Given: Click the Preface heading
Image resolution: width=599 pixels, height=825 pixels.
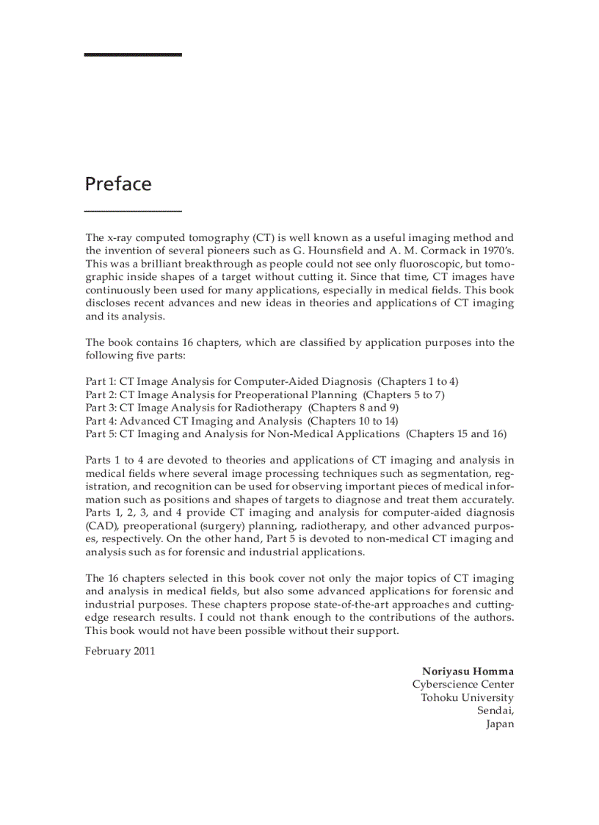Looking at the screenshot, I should tap(117, 184).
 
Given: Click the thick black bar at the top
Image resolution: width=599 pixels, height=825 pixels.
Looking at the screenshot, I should tap(133, 54).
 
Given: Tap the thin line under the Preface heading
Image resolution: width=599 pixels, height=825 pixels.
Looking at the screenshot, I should tap(133, 212).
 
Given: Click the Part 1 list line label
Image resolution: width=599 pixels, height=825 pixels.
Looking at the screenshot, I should tap(101, 381).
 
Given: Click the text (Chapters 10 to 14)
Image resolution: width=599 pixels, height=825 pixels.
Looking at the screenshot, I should tap(353, 421).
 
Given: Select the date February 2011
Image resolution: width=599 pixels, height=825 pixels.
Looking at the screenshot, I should tap(120, 651).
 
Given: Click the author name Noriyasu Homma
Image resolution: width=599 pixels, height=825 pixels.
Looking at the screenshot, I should tap(468, 671).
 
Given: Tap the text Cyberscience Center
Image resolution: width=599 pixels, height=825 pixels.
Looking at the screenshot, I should tap(463, 685).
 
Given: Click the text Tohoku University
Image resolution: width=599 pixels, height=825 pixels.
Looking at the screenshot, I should tap(467, 698).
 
